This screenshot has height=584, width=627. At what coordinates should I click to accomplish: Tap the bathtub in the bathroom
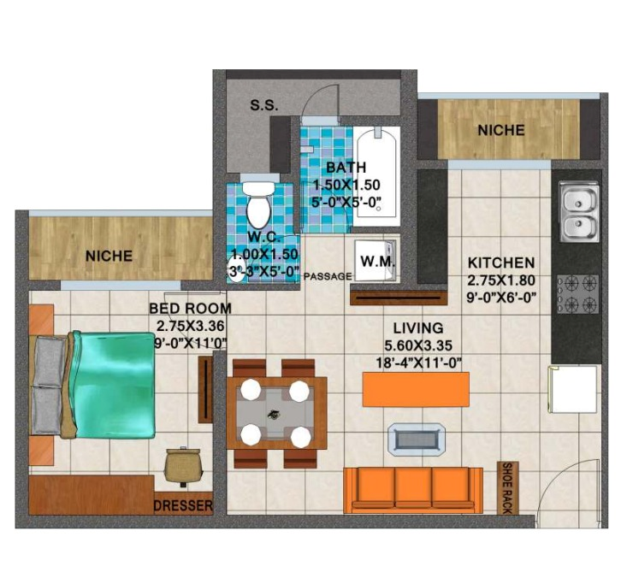[x=376, y=172]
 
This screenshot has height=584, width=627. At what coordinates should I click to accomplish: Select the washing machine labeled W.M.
[x=375, y=260]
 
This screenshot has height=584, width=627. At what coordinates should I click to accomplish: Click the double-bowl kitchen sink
[x=579, y=212]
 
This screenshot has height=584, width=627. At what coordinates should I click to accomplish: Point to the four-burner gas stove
[x=578, y=294]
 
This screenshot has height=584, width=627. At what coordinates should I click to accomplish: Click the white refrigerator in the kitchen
[x=572, y=389]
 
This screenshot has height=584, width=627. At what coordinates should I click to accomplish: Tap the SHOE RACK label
[x=507, y=487]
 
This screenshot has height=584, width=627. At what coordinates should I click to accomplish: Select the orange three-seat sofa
[x=413, y=491]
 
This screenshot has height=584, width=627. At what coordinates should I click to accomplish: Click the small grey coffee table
[x=417, y=439]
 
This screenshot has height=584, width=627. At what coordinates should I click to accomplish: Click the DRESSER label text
[x=184, y=505]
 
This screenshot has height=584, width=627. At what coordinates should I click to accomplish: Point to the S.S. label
[x=264, y=105]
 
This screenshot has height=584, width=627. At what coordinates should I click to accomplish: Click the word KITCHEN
[x=501, y=263]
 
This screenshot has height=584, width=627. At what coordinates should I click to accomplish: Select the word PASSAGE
[x=328, y=276]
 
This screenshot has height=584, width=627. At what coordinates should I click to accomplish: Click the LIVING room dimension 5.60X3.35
[x=418, y=345]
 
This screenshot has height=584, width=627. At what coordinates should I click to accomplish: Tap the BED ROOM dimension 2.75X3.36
[x=191, y=326]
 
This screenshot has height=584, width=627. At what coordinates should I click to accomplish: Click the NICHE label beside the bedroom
[x=109, y=256]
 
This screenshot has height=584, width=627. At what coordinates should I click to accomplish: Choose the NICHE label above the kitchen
[x=501, y=130]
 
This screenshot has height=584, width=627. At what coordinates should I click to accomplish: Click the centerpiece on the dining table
[x=275, y=414]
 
